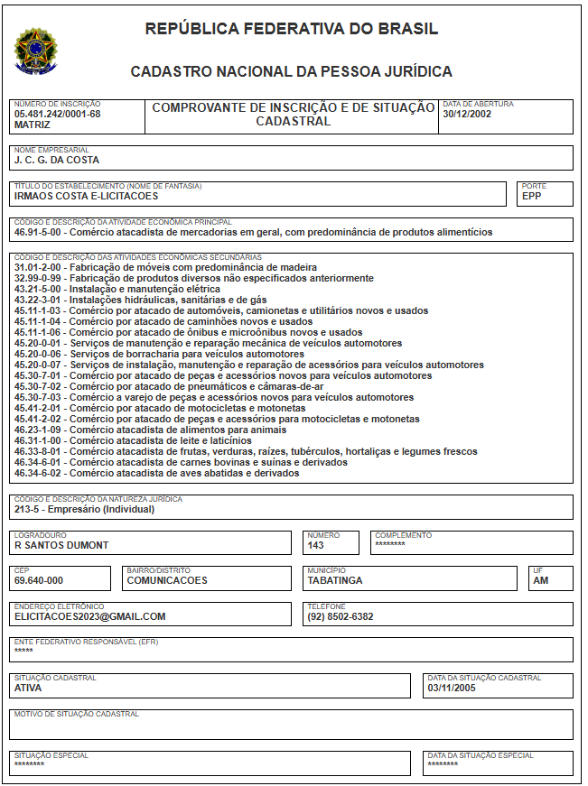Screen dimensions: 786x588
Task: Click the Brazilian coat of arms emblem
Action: [34, 51]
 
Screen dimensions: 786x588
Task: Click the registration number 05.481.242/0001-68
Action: [57, 115]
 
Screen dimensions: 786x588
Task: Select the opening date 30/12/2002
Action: [467, 115]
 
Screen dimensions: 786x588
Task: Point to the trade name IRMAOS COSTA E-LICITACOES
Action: [87, 196]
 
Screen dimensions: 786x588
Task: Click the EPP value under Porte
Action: [531, 196]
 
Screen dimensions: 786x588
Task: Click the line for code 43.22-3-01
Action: [141, 301]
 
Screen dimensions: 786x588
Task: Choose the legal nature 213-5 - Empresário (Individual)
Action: [85, 509]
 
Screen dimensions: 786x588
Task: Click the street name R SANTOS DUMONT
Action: [61, 545]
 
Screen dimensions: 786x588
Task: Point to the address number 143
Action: [316, 545]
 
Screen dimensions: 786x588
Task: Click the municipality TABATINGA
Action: [335, 581]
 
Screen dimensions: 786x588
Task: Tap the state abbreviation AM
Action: [541, 581]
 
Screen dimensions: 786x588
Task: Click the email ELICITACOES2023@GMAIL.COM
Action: [90, 617]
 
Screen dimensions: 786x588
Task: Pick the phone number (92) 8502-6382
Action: [341, 617]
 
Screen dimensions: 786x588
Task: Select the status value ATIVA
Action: [28, 688]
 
